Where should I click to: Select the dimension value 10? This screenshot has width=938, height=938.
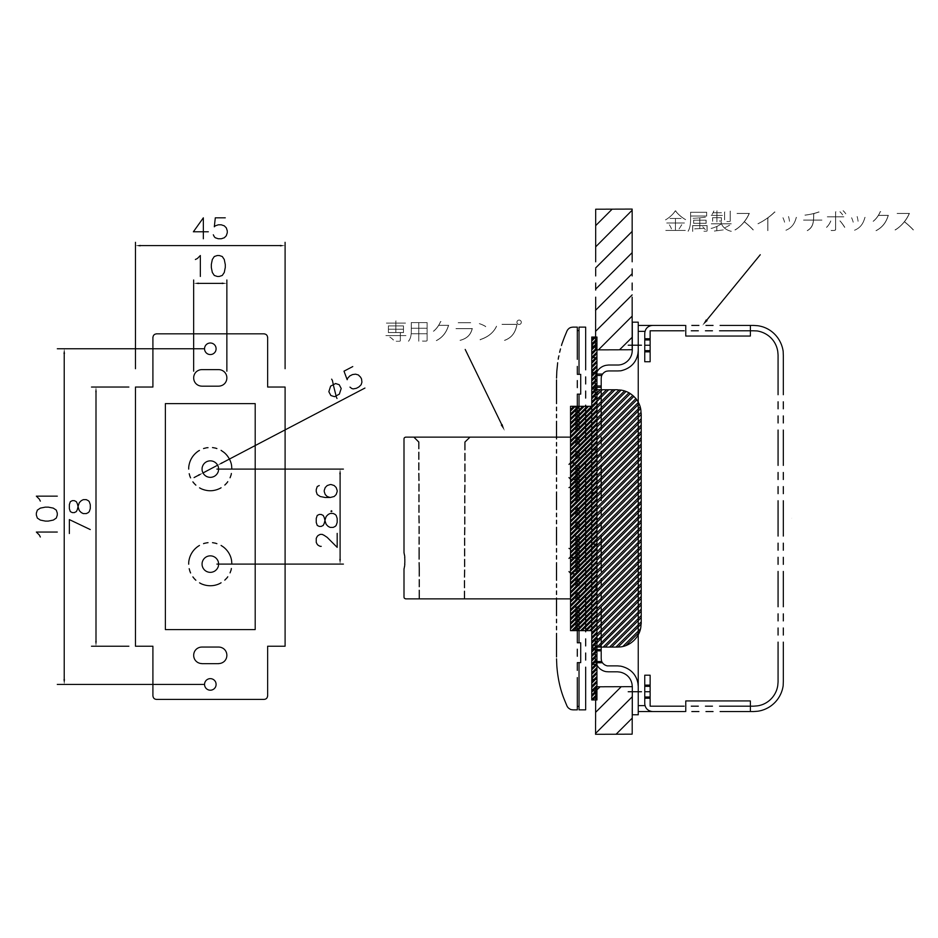210,267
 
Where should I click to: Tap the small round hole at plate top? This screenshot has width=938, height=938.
210,349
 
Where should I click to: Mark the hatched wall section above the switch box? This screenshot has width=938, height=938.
614,279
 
